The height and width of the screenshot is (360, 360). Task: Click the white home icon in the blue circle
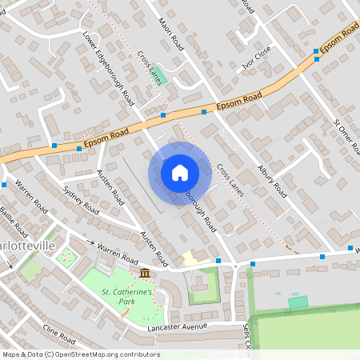(180, 172)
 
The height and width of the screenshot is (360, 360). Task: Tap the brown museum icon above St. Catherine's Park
(144, 274)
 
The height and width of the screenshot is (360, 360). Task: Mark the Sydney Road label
(81, 201)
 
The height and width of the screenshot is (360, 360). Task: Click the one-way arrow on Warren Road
(90, 243)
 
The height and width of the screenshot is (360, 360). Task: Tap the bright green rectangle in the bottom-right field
(298, 302)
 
